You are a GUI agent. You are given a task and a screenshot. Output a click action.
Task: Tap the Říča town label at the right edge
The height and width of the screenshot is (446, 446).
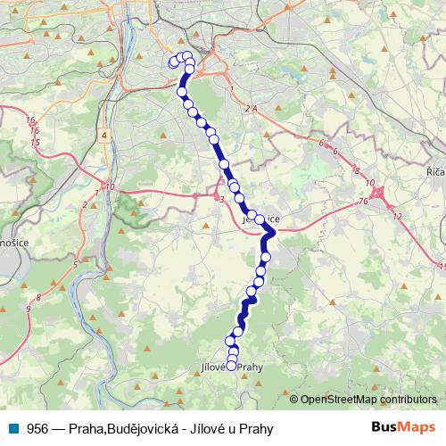click(434, 169)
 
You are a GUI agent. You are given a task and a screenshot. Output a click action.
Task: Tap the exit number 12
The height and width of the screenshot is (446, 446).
click(396, 218)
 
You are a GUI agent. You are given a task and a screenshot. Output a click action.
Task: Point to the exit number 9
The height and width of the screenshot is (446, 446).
click(29, 309)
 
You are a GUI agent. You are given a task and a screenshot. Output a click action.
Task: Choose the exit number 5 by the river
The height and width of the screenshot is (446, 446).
click(76, 265)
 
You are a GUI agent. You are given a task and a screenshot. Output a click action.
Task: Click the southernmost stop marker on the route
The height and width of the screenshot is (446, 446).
click(232, 365)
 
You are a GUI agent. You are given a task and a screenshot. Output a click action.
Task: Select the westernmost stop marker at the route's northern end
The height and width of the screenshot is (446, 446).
click(173, 62)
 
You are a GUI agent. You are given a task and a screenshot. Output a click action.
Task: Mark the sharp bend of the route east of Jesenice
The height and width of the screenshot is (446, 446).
click(273, 233)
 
